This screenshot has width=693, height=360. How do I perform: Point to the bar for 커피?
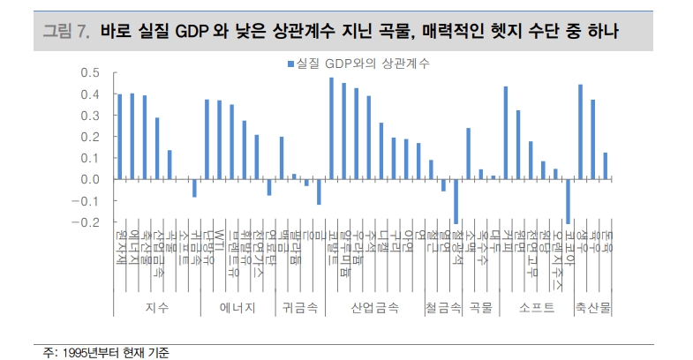click(x=506, y=133)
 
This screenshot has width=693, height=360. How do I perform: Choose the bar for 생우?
click(x=580, y=132)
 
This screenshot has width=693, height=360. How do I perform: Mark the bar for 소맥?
click(x=469, y=154)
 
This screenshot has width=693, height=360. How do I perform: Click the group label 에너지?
click(x=237, y=308)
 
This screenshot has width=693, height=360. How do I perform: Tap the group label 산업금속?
click(x=374, y=308)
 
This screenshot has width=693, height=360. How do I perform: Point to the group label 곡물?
click(x=481, y=308)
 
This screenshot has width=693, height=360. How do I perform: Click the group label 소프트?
click(x=537, y=308)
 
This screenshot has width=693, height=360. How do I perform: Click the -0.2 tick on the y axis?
click(x=87, y=222)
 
